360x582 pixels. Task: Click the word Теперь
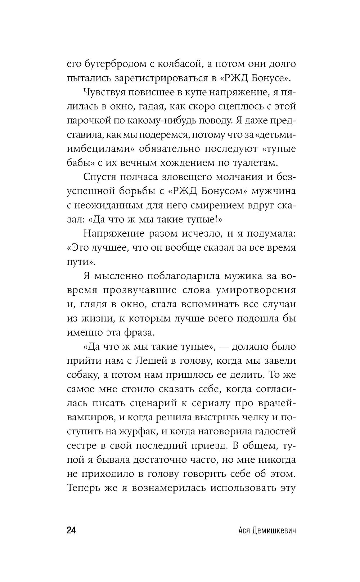86,488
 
